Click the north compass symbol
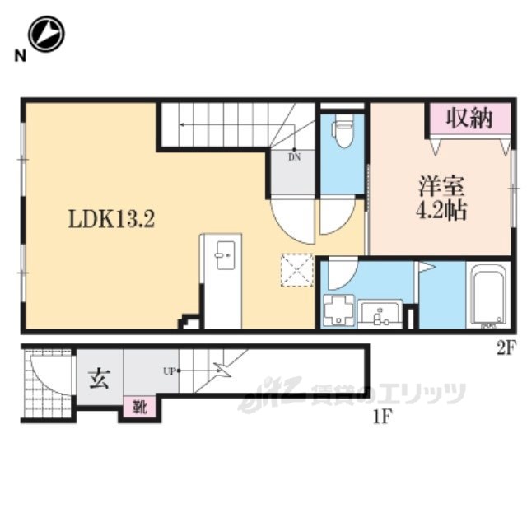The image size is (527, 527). pyautogui.click(x=46, y=34)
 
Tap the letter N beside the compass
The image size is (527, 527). pyautogui.click(x=20, y=56)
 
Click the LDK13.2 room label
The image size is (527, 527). pyautogui.click(x=112, y=219)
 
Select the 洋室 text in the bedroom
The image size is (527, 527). pyautogui.click(x=441, y=186)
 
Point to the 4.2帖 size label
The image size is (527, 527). pyautogui.click(x=441, y=211)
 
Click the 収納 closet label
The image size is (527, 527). pyautogui.click(x=469, y=118)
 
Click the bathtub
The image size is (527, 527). pyautogui.click(x=488, y=295)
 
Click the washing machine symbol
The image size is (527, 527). pyautogui.click(x=338, y=310)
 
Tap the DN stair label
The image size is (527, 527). pyautogui.click(x=295, y=157)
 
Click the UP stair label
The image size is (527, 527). pyautogui.click(x=170, y=371)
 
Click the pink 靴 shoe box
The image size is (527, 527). pyautogui.click(x=139, y=407)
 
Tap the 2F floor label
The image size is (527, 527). pyautogui.click(x=505, y=349)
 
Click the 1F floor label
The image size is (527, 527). pyautogui.click(x=382, y=417)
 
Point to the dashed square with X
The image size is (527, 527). pyautogui.click(x=297, y=270)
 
